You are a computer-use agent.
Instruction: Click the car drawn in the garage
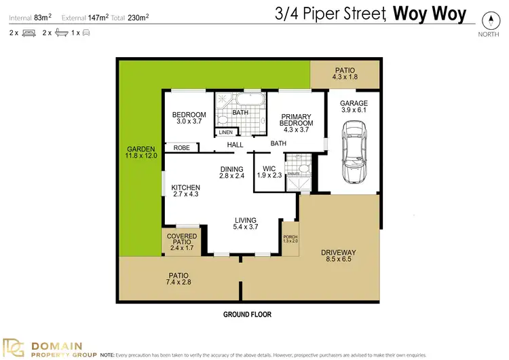pyautogui.click(x=355, y=151)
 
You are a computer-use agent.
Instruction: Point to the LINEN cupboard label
pyautogui.click(x=226, y=132)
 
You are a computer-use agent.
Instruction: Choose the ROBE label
pyautogui.click(x=181, y=147)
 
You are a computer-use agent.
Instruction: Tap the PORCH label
pyautogui.click(x=290, y=237)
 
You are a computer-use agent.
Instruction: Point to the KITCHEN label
pyautogui.click(x=185, y=187)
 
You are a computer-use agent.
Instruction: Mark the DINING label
pyautogui.click(x=231, y=170)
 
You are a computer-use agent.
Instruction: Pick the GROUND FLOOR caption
pyautogui.click(x=247, y=314)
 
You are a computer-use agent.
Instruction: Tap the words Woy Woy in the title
pyautogui.click(x=423, y=13)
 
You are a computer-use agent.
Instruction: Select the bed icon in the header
pyautogui.click(x=29, y=32)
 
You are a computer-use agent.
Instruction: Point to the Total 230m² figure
pyautogui.click(x=135, y=17)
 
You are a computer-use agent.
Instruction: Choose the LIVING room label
pyautogui.click(x=246, y=220)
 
